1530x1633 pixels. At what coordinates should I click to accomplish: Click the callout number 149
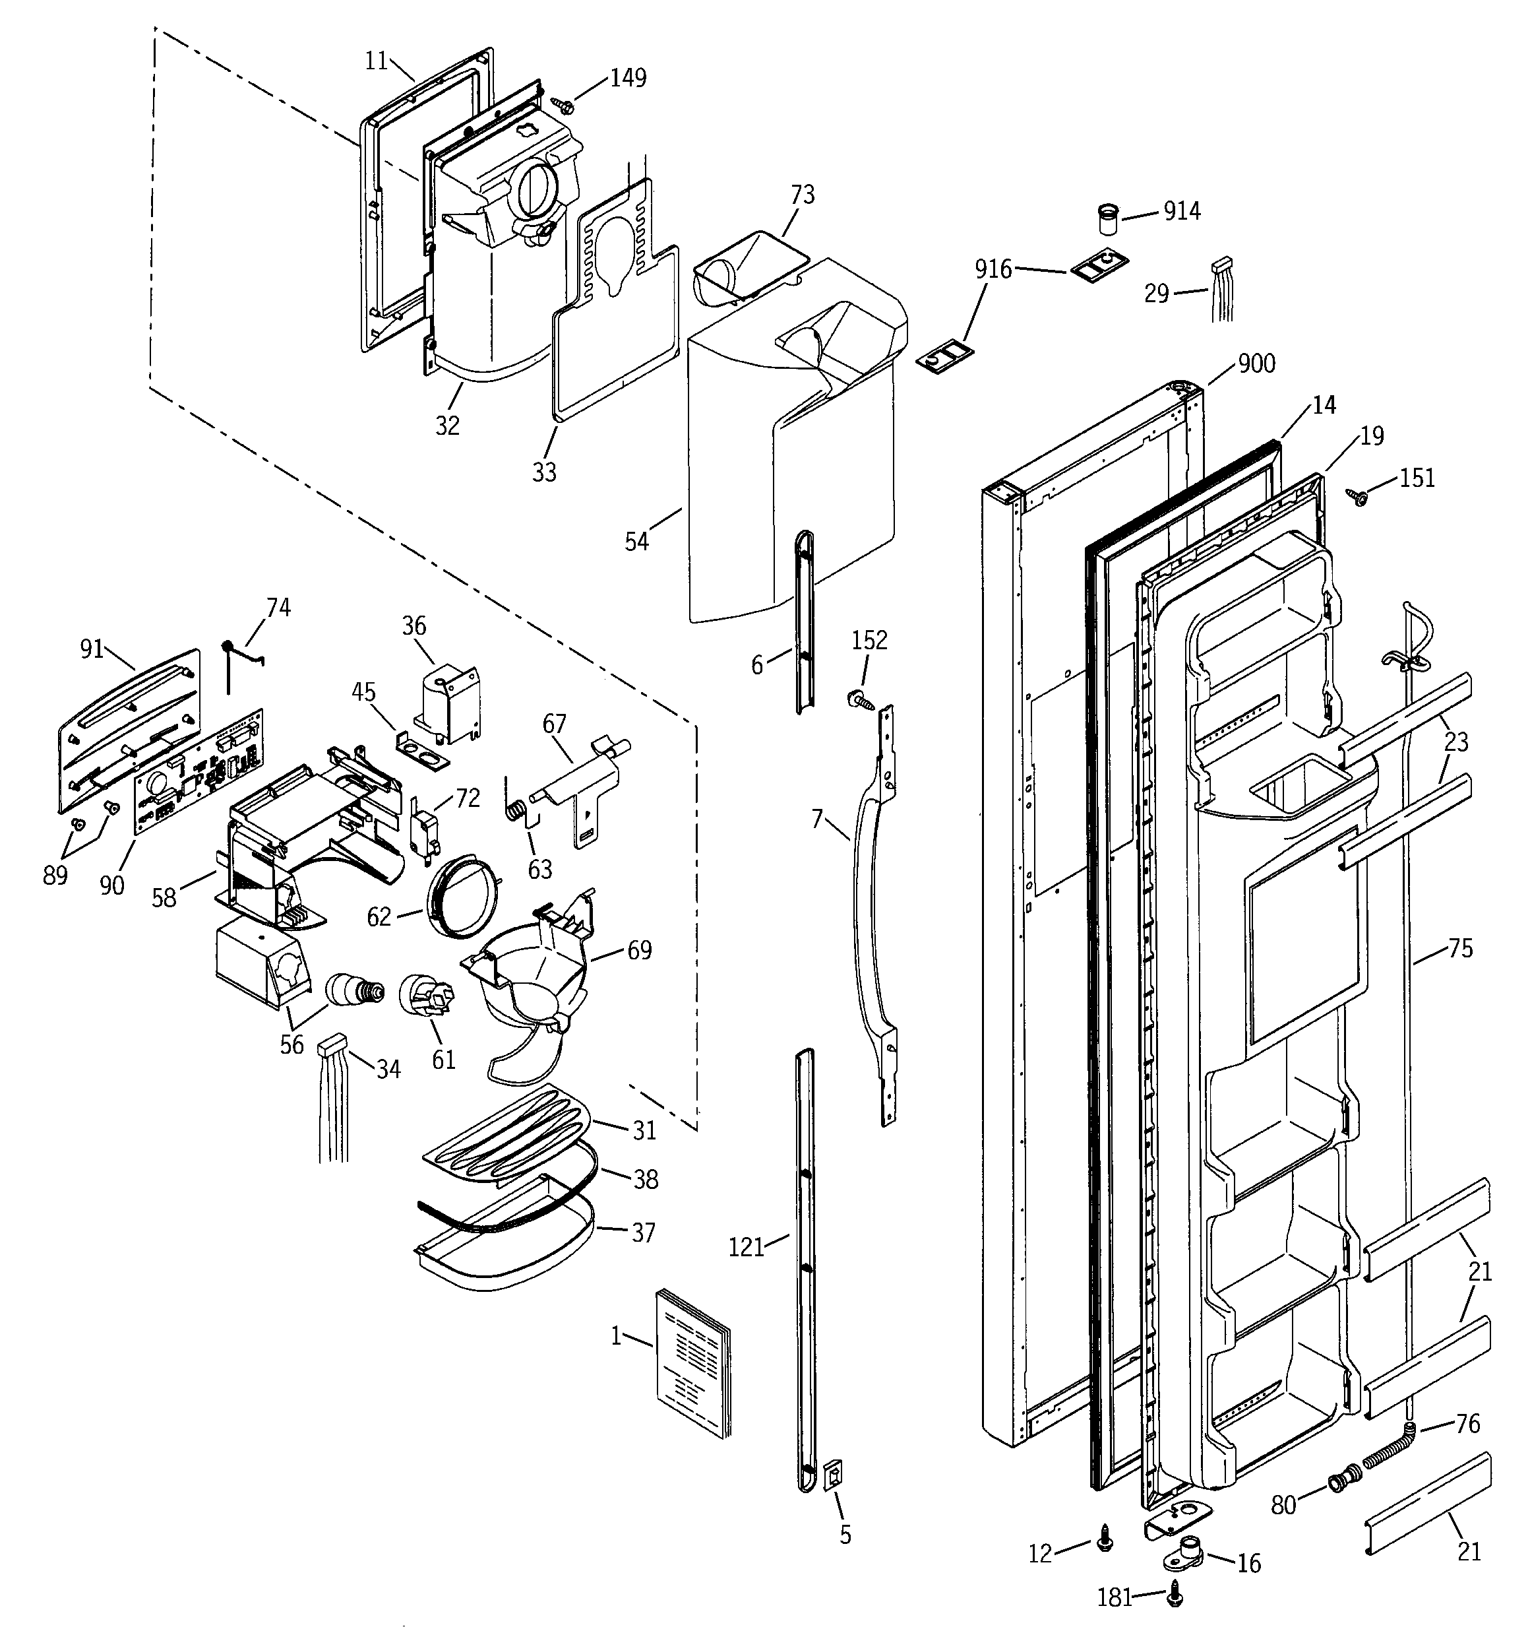(x=628, y=78)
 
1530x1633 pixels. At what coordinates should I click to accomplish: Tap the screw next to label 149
(x=563, y=104)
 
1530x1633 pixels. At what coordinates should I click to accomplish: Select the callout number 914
(x=1182, y=211)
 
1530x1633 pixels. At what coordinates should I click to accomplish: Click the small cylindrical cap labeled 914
(x=1109, y=221)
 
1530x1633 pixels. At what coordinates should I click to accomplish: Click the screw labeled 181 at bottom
(x=1175, y=1593)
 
